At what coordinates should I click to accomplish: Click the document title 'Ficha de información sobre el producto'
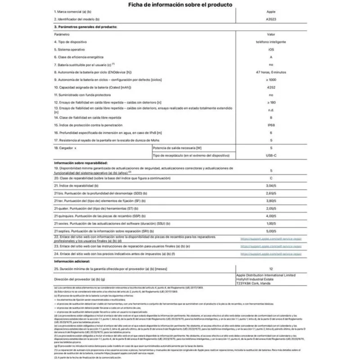180,5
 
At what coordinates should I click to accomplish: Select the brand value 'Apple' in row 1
271,12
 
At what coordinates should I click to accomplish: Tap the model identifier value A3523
271,20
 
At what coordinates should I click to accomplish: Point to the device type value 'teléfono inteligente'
271,41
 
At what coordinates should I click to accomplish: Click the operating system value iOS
271,49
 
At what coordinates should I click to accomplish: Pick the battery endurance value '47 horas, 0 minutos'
271,72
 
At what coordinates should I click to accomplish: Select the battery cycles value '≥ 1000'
271,80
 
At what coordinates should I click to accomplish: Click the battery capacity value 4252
271,87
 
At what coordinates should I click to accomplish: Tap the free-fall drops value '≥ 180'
271,103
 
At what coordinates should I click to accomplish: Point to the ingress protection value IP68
271,126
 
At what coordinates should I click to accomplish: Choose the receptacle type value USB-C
271,155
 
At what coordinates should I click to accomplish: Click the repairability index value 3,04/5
271,185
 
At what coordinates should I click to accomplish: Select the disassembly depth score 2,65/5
271,193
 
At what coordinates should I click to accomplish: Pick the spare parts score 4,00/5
271,216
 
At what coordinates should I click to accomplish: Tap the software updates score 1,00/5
271,224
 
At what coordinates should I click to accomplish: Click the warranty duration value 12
271,269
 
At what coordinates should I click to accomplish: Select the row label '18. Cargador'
65,148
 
